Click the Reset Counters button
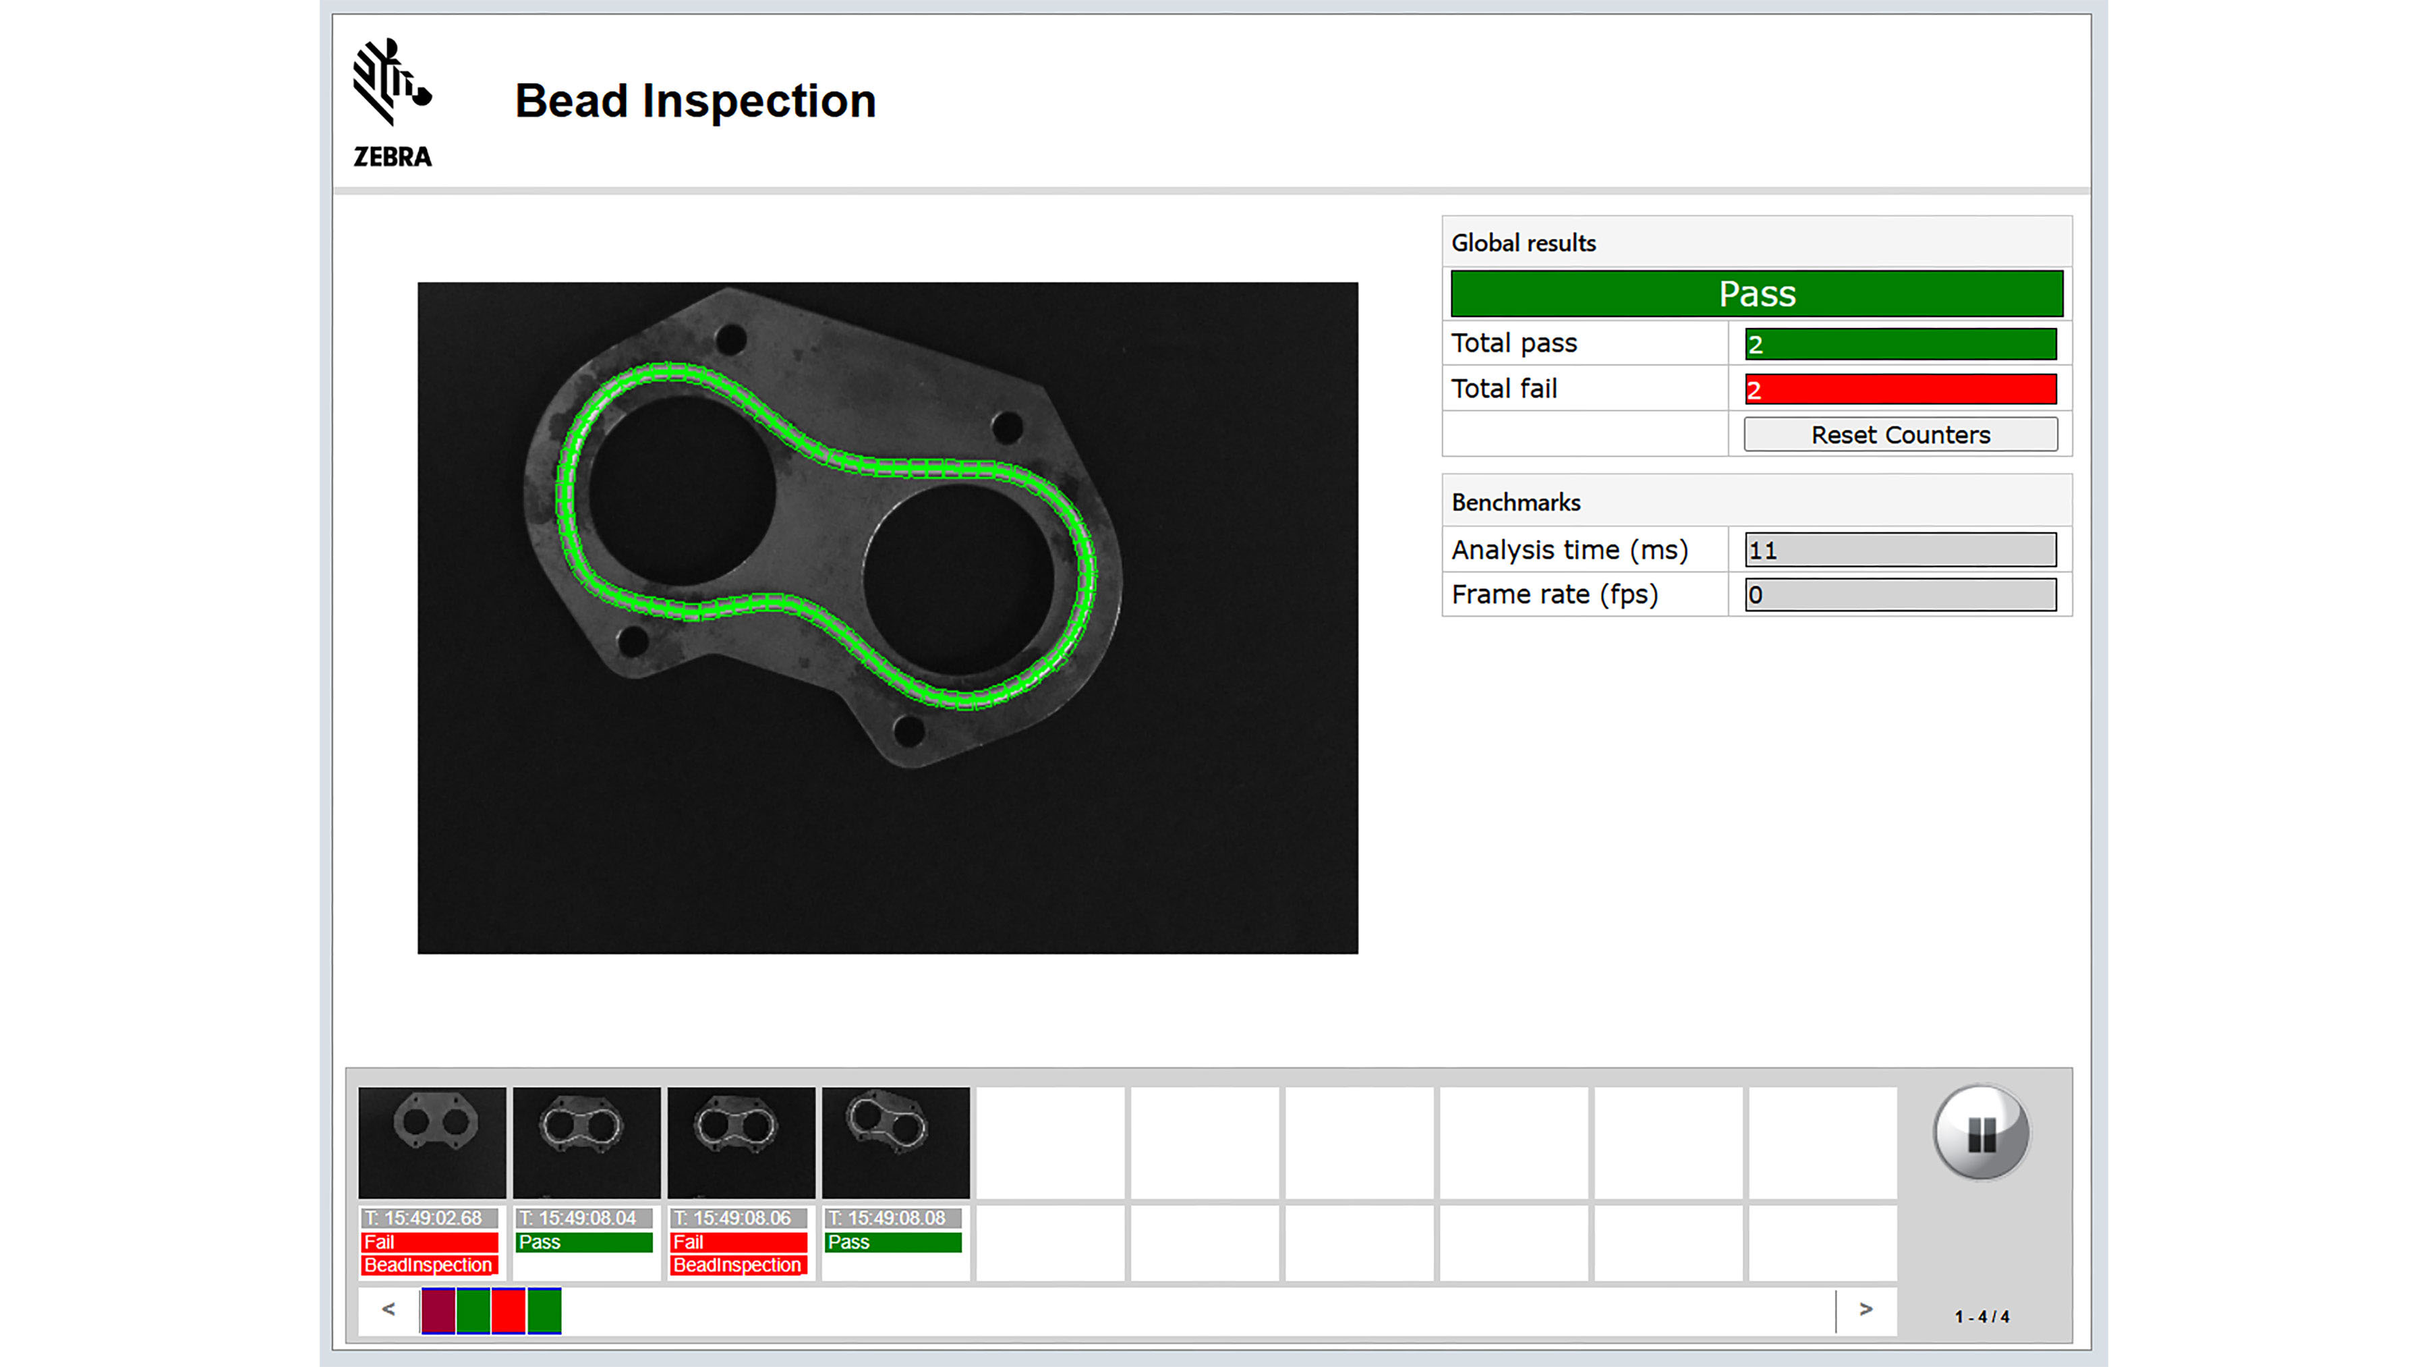tap(1899, 435)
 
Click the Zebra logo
tap(392, 102)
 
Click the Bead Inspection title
tap(695, 101)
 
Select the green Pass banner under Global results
tap(1756, 294)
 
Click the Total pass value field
tap(1899, 344)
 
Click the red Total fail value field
tap(1899, 389)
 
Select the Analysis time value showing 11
tap(1899, 550)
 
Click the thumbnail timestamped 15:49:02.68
tap(432, 1142)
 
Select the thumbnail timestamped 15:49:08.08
tap(896, 1142)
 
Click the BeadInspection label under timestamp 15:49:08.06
tap(737, 1265)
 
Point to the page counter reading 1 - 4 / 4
tap(1982, 1317)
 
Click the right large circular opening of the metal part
tap(956, 577)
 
